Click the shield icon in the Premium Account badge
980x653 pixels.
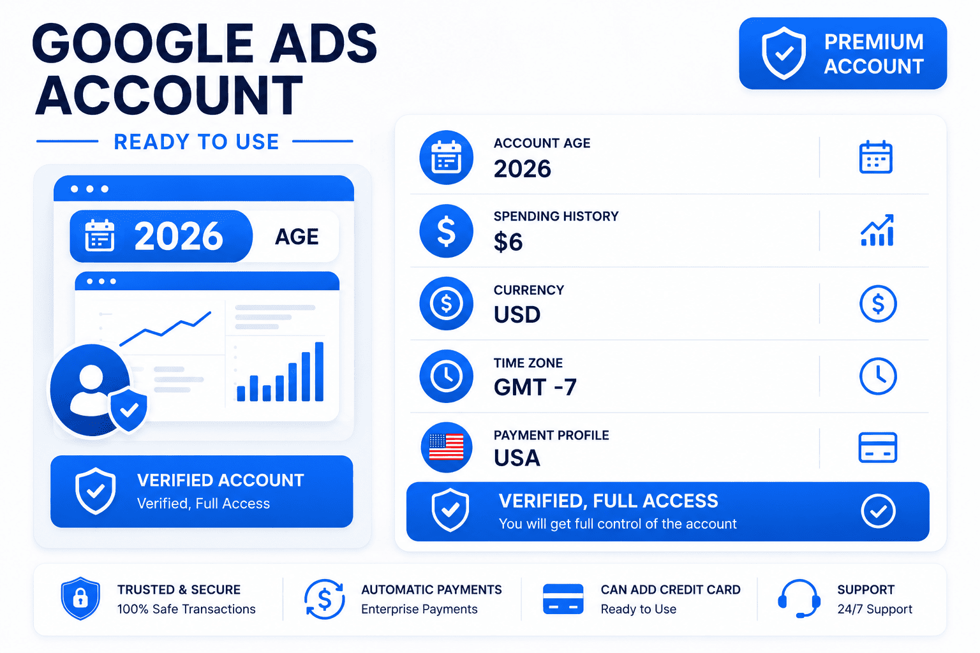coord(783,54)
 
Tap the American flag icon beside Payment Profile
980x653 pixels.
coord(446,447)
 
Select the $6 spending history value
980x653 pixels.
coord(508,242)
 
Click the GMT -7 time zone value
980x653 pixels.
coord(535,387)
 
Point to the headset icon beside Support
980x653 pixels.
coord(799,598)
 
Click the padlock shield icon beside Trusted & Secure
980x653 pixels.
coord(80,598)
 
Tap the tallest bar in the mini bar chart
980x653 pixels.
coord(320,371)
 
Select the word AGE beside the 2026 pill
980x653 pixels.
coord(297,237)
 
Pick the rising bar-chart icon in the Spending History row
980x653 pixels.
coord(877,230)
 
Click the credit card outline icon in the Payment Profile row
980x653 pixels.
coord(878,448)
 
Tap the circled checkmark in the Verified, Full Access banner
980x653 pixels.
coord(878,511)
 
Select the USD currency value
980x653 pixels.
coord(517,314)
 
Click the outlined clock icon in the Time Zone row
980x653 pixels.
coord(878,376)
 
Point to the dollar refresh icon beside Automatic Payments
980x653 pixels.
coord(324,599)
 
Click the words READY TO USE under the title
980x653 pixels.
coord(197,142)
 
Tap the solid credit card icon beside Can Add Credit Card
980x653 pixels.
coord(563,599)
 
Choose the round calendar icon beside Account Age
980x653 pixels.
coord(446,157)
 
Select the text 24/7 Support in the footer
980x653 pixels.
coord(875,609)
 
